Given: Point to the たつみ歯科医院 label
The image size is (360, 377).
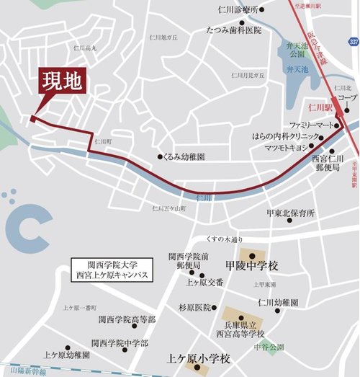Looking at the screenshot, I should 233,31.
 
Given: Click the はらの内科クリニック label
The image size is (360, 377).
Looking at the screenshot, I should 285,136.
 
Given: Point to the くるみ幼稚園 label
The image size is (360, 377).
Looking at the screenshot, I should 186,156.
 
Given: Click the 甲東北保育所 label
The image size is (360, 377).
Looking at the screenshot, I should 289,213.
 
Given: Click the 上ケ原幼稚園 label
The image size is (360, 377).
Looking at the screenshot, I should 66,355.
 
